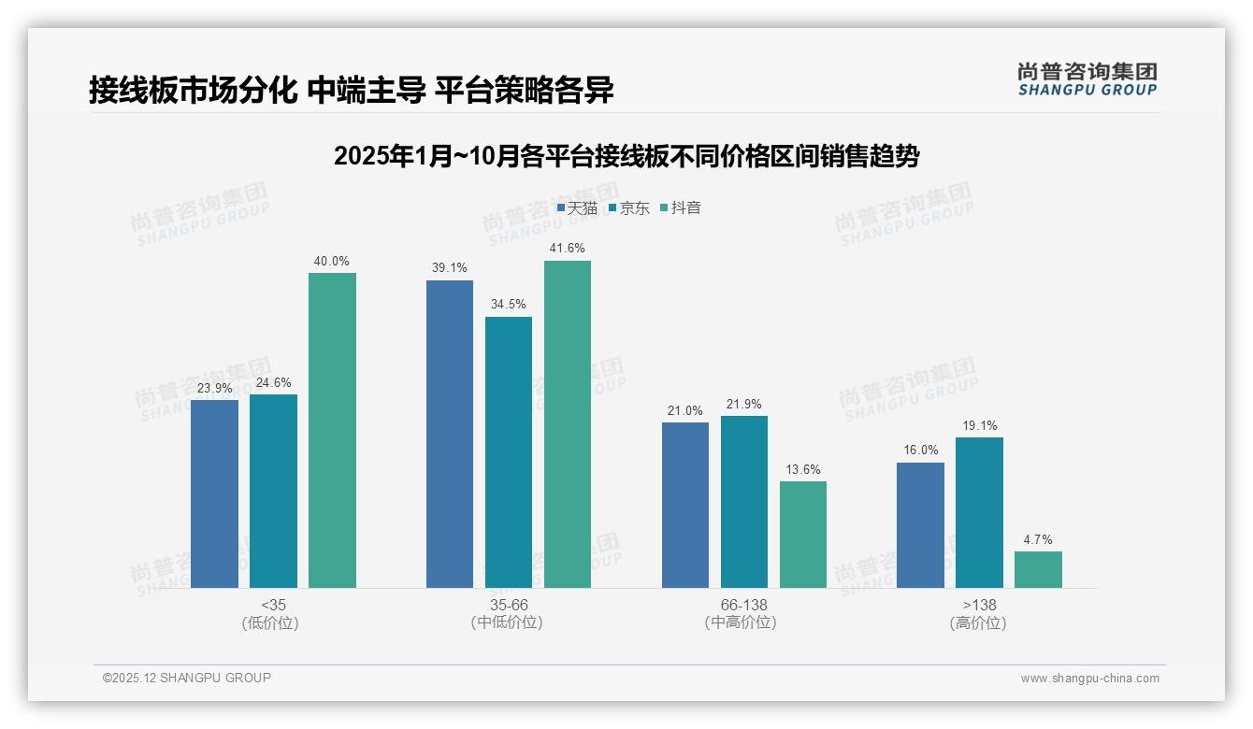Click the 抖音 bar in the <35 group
pos(332,430)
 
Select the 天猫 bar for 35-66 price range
pos(450,434)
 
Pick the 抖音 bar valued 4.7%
pos(1038,569)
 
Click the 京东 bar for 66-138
pos(744,502)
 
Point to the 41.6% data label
pos(568,249)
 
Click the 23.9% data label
pos(214,388)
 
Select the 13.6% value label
pos(802,470)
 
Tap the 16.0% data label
pos(920,450)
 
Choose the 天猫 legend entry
pos(577,208)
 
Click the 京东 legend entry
pos(629,208)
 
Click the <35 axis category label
pos(273,605)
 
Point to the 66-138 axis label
pos(743,605)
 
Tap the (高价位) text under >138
pos(978,623)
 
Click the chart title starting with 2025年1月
pos(626,156)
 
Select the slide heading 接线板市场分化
pos(351,91)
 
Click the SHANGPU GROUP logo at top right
pos(1087,79)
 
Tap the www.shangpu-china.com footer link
pos(1089,679)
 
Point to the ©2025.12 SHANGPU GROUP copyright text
pos(187,678)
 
